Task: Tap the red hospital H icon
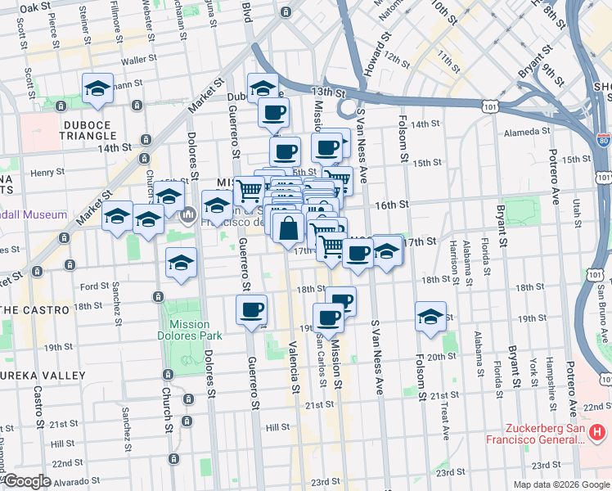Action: coord(599,431)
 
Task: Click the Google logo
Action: coord(27,480)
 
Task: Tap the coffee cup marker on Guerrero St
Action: coord(251,309)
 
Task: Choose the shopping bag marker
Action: coord(289,229)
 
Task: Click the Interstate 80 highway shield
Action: coord(603,141)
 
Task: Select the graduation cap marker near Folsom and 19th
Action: coord(430,316)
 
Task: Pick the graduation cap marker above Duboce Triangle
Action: coord(97,88)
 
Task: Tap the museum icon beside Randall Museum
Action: coord(187,215)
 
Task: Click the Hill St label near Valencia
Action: coord(278,427)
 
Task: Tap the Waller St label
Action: coord(138,61)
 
